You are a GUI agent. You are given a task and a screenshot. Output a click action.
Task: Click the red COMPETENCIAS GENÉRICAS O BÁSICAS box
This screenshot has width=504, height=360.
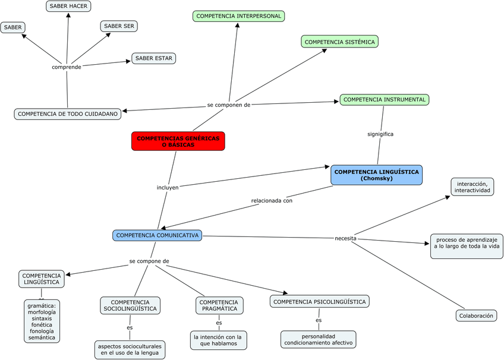point(178,141)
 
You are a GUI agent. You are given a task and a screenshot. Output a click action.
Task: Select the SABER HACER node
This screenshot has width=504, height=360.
point(68,6)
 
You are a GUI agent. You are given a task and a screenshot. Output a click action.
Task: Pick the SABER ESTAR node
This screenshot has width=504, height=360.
point(153,58)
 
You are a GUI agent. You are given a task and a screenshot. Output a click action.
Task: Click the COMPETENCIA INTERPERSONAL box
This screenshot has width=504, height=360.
point(239,16)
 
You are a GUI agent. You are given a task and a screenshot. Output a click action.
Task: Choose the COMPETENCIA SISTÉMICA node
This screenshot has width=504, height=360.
point(339,42)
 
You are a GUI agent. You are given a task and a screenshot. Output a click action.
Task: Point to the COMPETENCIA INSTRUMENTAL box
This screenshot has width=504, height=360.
point(384,100)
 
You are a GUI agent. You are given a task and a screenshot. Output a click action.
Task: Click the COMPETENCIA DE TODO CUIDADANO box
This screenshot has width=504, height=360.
point(68,113)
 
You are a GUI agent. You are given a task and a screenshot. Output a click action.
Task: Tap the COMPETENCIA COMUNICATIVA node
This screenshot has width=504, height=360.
point(157,235)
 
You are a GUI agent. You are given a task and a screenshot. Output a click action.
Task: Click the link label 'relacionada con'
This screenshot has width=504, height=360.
point(272,200)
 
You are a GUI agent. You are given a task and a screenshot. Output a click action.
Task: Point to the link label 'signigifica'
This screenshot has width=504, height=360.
point(380,134)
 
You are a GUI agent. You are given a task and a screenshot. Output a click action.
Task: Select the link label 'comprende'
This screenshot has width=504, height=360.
point(66,67)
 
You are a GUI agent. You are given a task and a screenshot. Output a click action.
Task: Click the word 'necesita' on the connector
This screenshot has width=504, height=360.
point(345,238)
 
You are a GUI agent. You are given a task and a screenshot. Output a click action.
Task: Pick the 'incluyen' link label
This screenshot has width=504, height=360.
point(168,187)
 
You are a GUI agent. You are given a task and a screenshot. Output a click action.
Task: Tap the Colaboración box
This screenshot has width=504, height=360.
point(476,316)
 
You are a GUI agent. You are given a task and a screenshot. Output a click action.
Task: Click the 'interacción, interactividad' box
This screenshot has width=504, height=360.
point(472,187)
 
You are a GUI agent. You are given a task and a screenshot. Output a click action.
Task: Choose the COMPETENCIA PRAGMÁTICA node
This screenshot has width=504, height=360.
point(219,305)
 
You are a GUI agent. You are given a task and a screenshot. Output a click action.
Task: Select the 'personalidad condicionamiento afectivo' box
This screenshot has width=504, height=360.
point(318,339)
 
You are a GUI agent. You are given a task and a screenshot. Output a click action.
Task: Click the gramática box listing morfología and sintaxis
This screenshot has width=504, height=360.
point(42,321)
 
